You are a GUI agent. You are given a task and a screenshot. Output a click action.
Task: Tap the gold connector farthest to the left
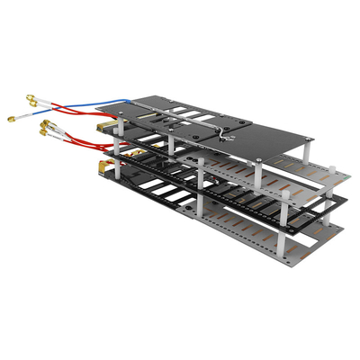(x=12, y=118)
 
